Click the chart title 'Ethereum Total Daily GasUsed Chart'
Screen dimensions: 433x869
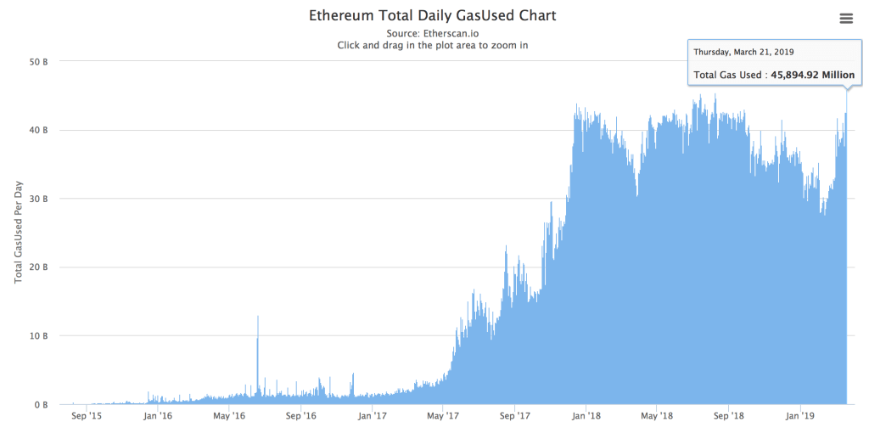[433, 16]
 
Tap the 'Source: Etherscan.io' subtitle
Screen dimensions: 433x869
[433, 33]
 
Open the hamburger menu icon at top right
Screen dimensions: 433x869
[845, 19]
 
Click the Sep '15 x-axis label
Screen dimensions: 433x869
[86, 417]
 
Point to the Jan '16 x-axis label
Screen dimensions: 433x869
[158, 417]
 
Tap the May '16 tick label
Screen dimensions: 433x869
[229, 417]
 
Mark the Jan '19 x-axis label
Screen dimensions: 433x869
[802, 417]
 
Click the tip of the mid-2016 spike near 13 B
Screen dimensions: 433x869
[258, 317]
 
